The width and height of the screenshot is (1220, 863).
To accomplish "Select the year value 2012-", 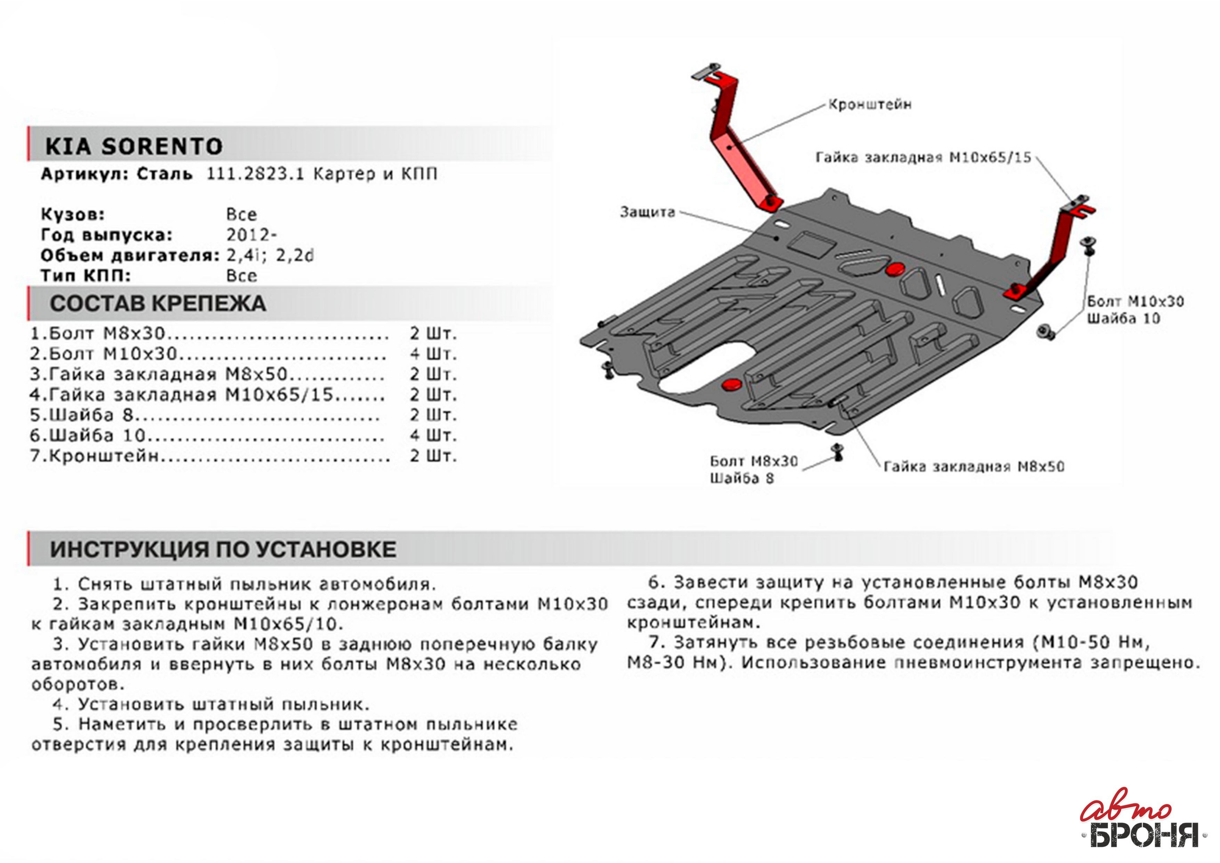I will click(x=251, y=235).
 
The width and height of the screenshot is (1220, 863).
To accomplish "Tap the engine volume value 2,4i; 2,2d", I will click(x=270, y=256).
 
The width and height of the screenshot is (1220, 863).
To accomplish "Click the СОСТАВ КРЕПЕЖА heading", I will click(x=158, y=304).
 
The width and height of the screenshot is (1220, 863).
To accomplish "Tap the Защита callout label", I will click(x=647, y=212).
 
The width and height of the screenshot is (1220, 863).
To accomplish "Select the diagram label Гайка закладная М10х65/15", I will click(x=923, y=157).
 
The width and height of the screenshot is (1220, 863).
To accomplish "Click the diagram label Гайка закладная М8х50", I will click(x=973, y=467).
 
